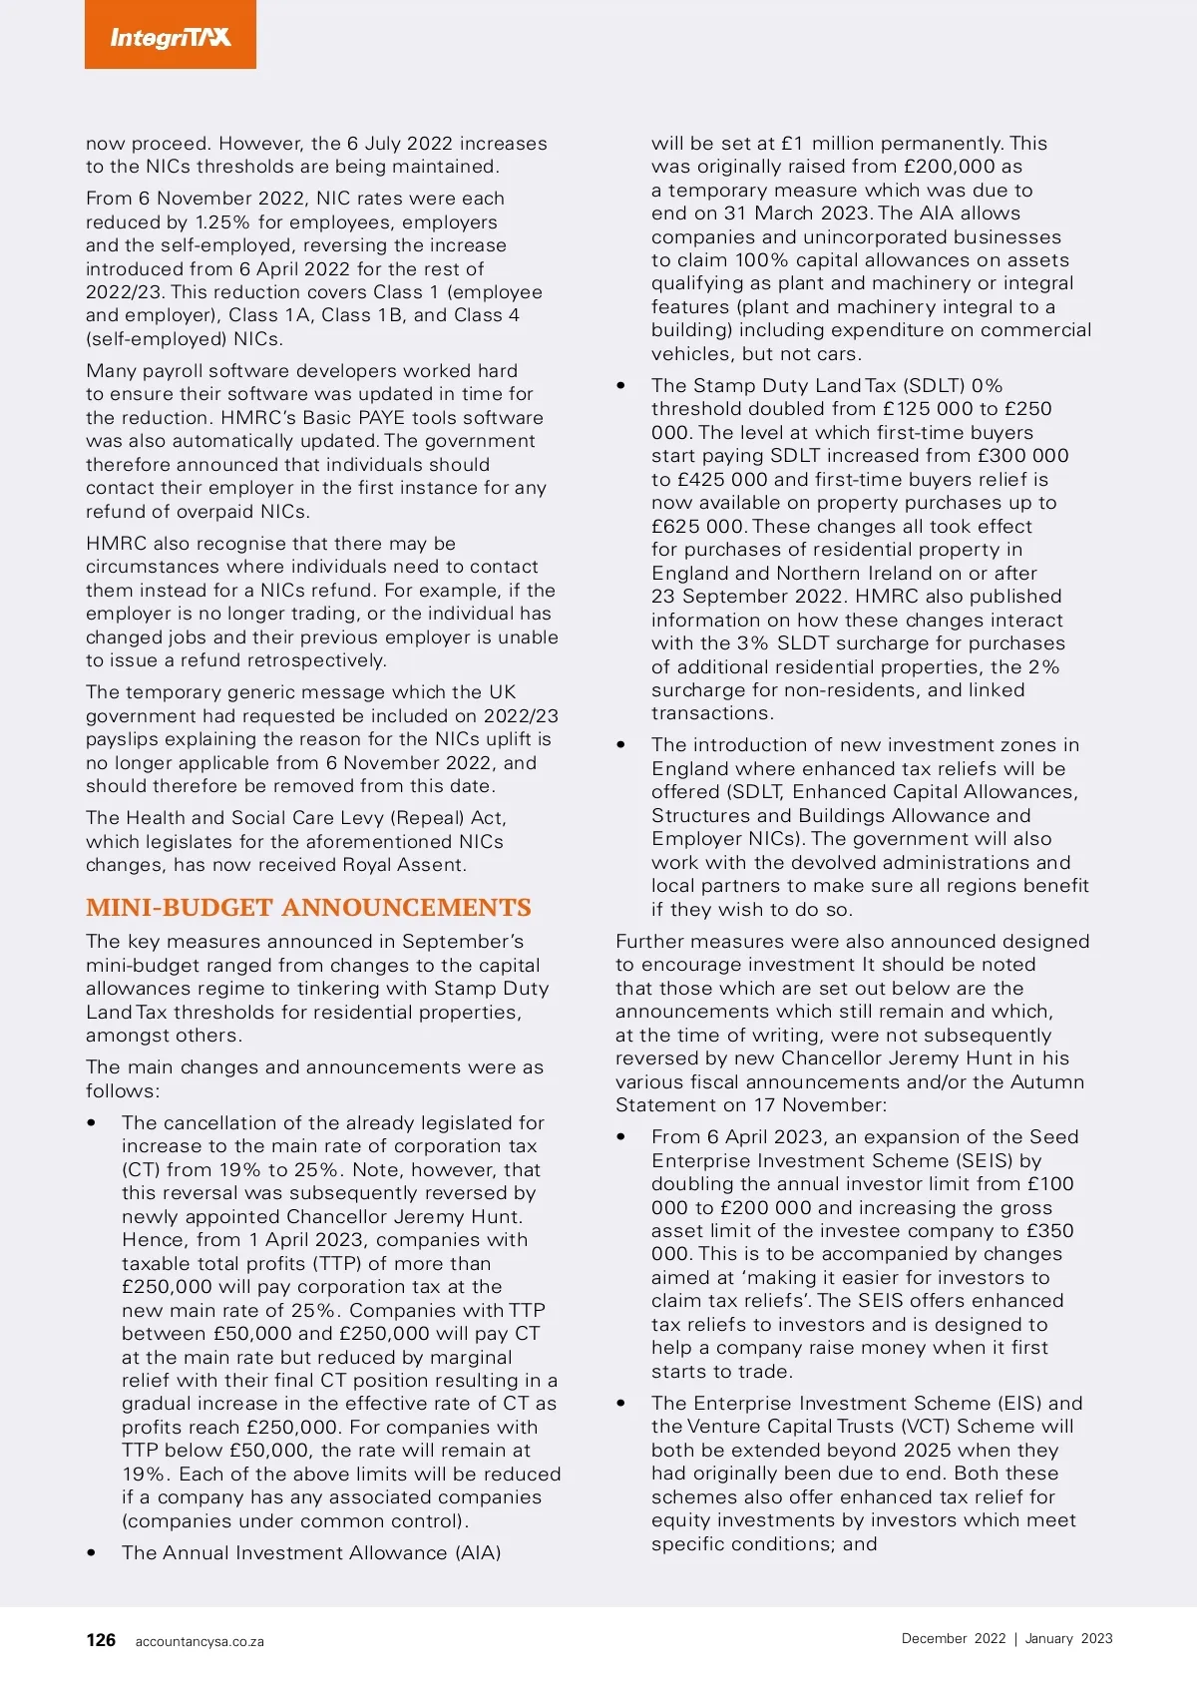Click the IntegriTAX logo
pyautogui.click(x=171, y=37)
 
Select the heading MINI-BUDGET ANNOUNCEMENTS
pyautogui.click(x=308, y=908)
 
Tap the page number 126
pyautogui.click(x=101, y=1640)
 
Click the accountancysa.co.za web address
pyautogui.click(x=199, y=1641)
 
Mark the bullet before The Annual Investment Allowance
pyautogui.click(x=92, y=1552)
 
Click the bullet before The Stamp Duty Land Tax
pyautogui.click(x=621, y=385)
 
